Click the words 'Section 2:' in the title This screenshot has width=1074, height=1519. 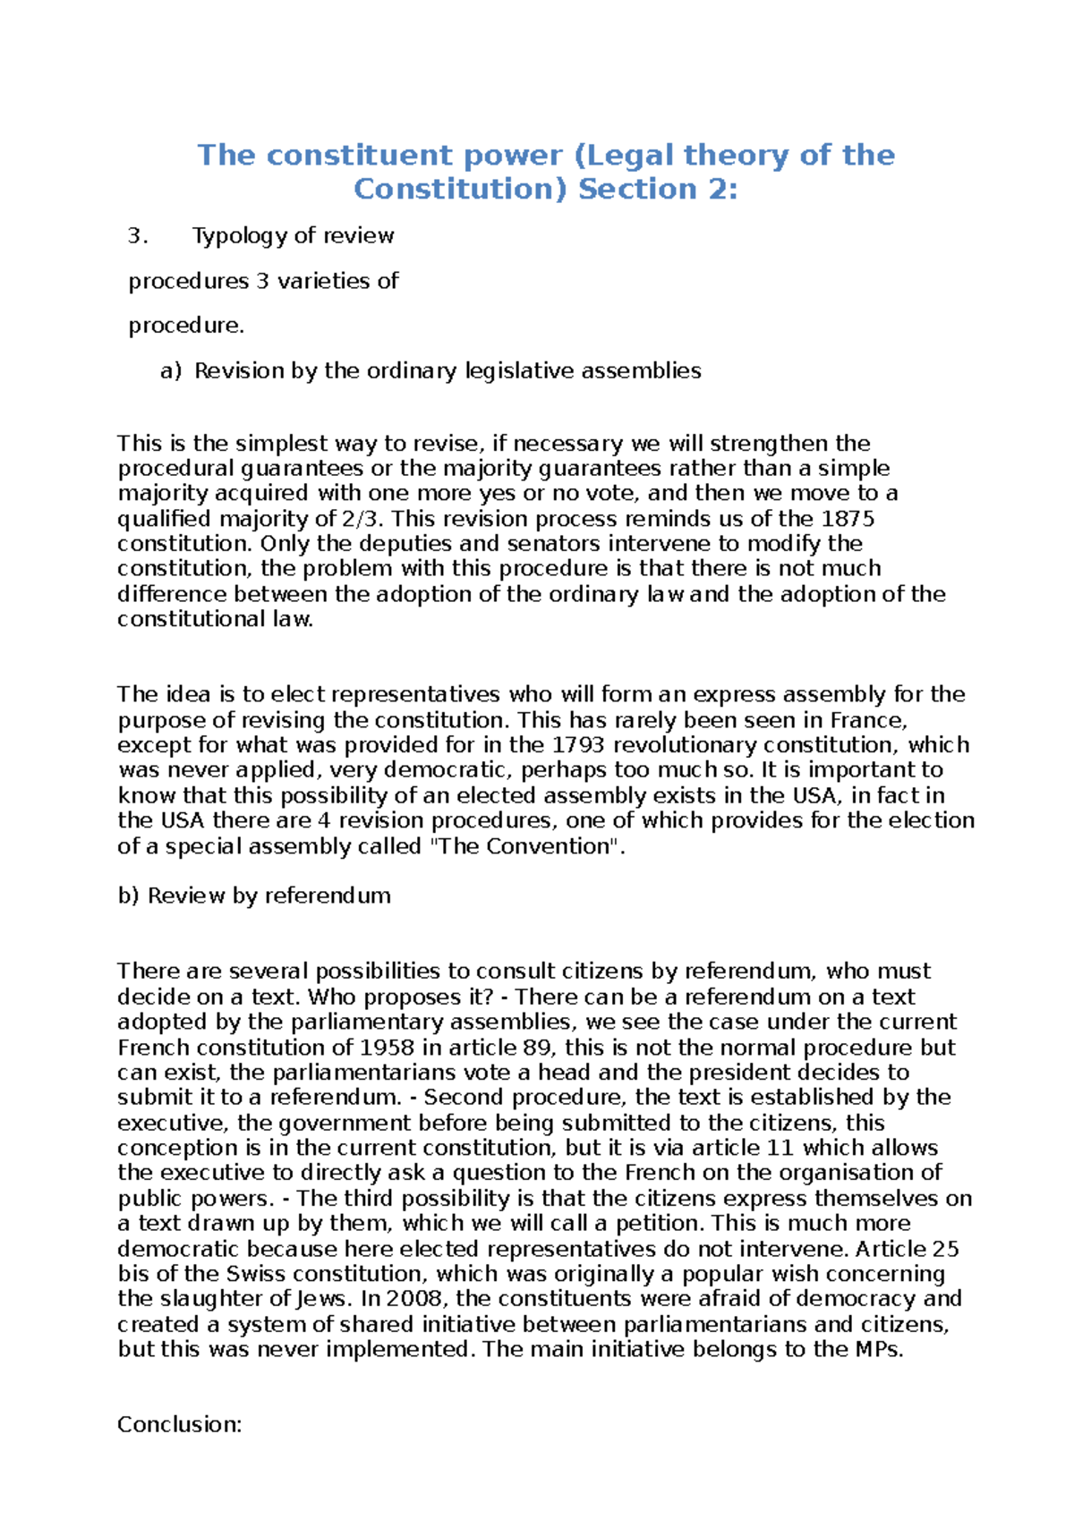[658, 190]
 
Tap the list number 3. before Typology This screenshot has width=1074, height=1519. [136, 236]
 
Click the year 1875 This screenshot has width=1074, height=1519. [847, 519]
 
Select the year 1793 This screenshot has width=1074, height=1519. [579, 745]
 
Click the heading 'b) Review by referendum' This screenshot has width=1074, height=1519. [254, 896]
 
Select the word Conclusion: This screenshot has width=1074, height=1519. [180, 1425]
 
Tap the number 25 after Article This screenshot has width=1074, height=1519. [945, 1249]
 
